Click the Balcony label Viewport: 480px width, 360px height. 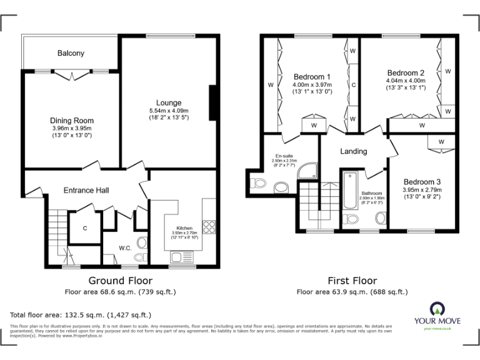(71, 53)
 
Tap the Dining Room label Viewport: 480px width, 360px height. (72, 121)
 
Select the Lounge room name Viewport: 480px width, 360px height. (169, 102)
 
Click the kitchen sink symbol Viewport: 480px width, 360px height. (182, 256)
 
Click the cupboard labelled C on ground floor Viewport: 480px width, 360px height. (84, 228)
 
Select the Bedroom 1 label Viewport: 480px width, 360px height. (312, 77)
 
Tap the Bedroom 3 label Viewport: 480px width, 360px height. (422, 181)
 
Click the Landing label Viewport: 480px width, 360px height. (353, 151)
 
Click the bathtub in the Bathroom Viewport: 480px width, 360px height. (348, 189)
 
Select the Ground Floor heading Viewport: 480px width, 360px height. (120, 281)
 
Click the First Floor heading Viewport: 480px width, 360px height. (352, 281)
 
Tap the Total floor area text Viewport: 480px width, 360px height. (81, 315)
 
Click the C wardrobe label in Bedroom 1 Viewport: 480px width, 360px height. (353, 84)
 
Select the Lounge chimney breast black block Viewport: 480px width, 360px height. (212, 102)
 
